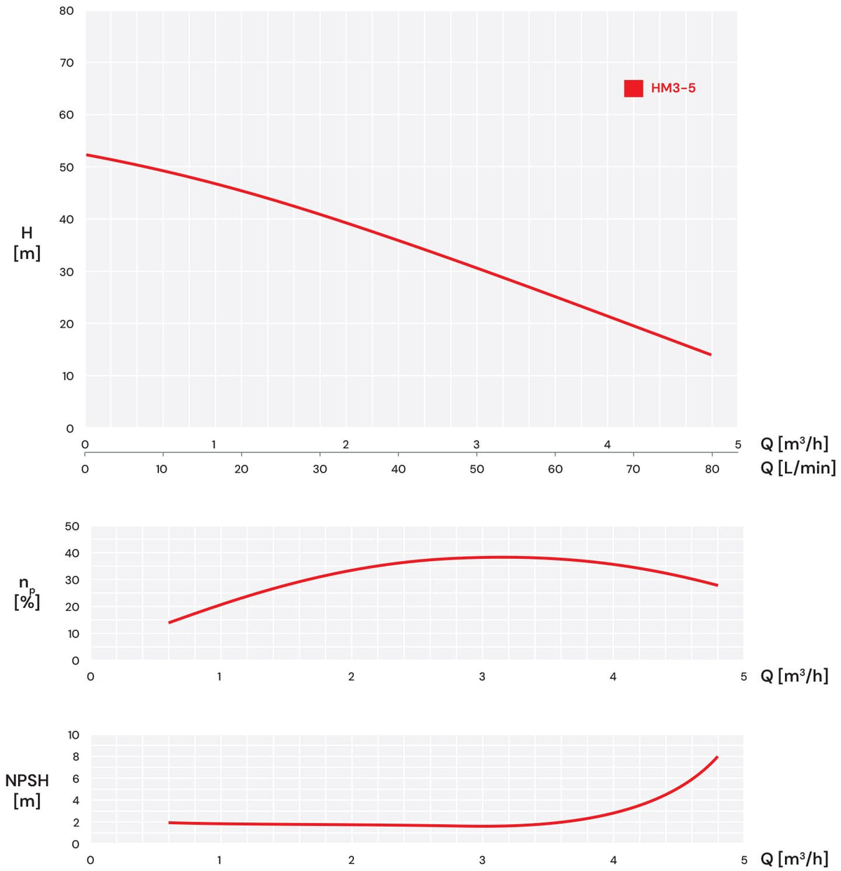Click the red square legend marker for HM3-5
(634, 88)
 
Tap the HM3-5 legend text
(673, 88)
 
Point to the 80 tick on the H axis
(66, 11)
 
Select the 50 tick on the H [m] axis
(66, 168)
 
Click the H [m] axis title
(27, 243)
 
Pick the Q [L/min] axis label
(798, 468)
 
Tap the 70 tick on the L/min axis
(633, 469)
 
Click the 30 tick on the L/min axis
(320, 469)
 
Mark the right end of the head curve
(711, 354)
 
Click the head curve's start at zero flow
(86, 155)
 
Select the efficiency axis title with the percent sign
(27, 593)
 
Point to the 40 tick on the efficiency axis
(72, 553)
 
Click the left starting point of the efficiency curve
(170, 622)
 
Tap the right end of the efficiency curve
(717, 585)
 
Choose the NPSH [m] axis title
(27, 791)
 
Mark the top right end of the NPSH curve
(717, 757)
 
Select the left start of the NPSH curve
(170, 823)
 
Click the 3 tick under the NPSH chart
(481, 860)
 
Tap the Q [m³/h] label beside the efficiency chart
(795, 676)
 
